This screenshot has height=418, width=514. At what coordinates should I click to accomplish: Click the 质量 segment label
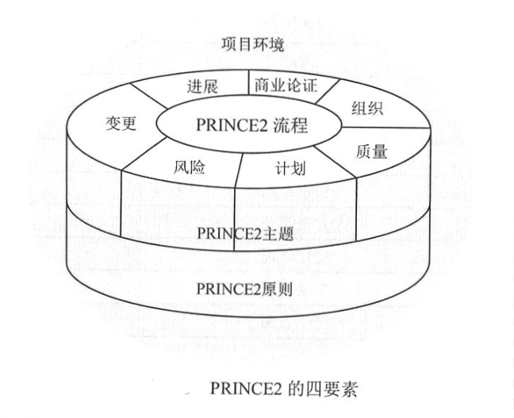tap(370, 150)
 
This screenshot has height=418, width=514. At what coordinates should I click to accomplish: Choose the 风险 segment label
tap(189, 168)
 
